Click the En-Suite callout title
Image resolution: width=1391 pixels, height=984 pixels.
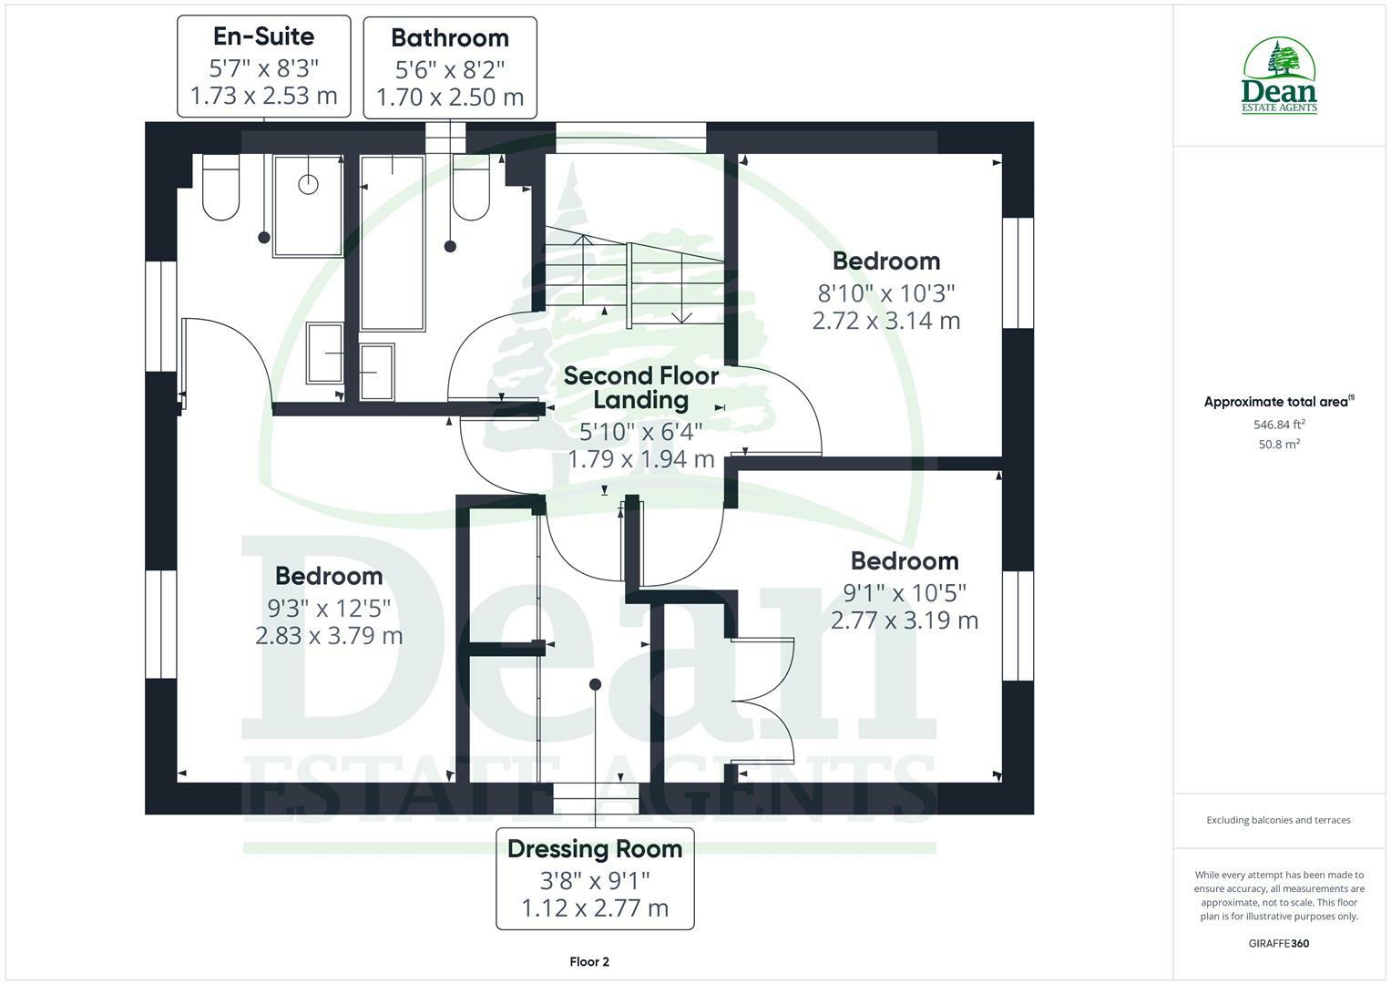click(x=263, y=36)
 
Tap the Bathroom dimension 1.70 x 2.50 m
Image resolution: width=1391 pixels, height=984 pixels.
click(x=450, y=97)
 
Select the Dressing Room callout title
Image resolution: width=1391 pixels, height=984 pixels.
click(x=595, y=849)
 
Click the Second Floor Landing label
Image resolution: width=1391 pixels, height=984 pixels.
click(x=641, y=387)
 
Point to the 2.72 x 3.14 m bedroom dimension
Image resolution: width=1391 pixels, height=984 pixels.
click(x=886, y=321)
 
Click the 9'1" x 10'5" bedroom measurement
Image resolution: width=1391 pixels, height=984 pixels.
click(x=905, y=593)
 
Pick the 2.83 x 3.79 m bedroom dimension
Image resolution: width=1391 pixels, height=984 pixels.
click(x=329, y=635)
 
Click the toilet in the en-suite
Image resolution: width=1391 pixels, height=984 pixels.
click(x=220, y=188)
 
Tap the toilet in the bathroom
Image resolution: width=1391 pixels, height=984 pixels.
click(x=471, y=189)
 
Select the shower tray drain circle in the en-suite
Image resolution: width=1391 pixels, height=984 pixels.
click(x=309, y=184)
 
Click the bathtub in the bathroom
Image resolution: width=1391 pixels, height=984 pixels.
click(x=393, y=243)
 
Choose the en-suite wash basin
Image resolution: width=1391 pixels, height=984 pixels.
click(x=325, y=352)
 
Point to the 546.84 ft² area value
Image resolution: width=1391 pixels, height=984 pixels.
click(x=1279, y=425)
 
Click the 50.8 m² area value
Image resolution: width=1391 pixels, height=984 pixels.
click(x=1279, y=445)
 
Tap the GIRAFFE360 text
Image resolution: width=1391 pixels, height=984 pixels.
click(x=1279, y=944)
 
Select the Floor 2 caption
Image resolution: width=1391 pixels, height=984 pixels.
click(x=589, y=962)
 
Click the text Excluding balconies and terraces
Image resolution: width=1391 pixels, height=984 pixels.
click(x=1279, y=820)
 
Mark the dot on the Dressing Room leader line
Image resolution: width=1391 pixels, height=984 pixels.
click(x=595, y=684)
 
